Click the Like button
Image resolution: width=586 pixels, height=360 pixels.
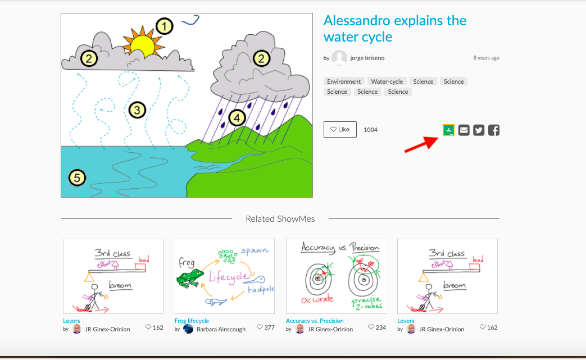[x=340, y=130]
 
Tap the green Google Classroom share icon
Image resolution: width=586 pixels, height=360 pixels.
[x=448, y=130]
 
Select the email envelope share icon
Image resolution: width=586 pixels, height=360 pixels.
[x=464, y=130]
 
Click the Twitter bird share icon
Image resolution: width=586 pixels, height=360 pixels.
[x=479, y=130]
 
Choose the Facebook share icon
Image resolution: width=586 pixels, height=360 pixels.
[x=494, y=130]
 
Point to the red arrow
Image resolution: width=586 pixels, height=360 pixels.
[x=421, y=144]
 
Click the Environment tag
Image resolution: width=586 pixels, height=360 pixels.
[x=344, y=81]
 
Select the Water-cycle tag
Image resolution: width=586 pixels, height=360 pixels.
[x=387, y=81]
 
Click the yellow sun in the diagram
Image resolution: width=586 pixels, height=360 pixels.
[x=143, y=45]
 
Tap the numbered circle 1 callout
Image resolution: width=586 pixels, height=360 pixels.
[x=164, y=26]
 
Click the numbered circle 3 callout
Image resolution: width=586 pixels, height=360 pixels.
[x=137, y=110]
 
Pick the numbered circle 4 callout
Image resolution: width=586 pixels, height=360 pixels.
[x=237, y=118]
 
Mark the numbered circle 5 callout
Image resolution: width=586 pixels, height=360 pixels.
[x=77, y=178]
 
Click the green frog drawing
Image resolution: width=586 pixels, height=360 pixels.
[x=190, y=279]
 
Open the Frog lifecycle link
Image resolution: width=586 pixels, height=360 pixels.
[x=192, y=321]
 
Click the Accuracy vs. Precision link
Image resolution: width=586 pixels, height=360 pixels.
[x=315, y=321]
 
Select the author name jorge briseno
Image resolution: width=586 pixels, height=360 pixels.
[x=367, y=58]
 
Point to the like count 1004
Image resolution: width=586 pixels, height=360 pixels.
[x=370, y=130]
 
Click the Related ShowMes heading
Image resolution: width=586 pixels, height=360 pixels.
[x=280, y=219]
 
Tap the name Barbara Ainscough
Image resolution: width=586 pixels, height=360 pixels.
[x=221, y=329]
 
